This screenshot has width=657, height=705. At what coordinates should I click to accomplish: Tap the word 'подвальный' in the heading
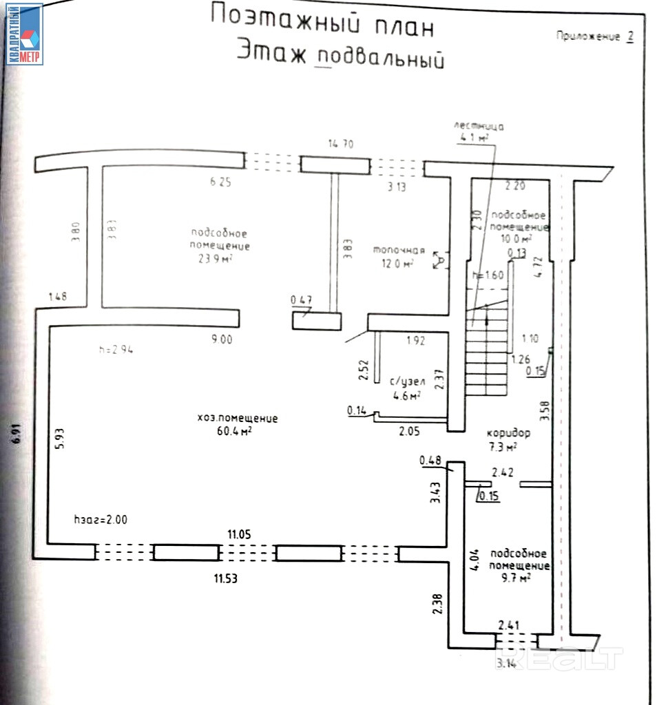tap(377, 58)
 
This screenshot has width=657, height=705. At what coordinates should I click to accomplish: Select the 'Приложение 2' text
tap(594, 36)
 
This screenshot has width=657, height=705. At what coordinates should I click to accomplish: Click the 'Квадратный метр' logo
tap(25, 34)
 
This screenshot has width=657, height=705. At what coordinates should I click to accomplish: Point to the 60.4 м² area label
tap(233, 432)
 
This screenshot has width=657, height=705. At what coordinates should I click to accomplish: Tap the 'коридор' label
tap(508, 434)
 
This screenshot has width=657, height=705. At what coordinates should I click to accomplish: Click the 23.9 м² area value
tap(215, 259)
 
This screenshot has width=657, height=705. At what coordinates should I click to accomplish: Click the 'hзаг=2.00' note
tap(101, 519)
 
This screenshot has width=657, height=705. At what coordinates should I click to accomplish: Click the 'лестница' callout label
tap(479, 127)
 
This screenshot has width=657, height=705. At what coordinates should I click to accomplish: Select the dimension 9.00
tap(222, 339)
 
